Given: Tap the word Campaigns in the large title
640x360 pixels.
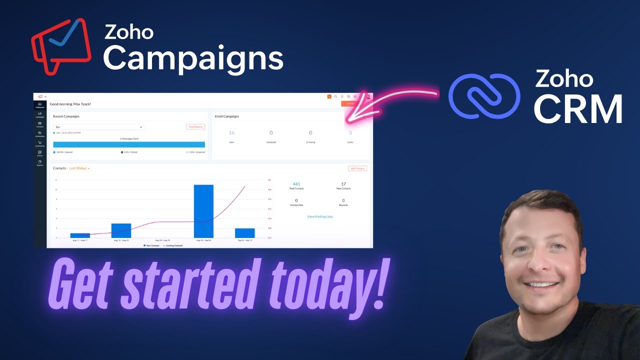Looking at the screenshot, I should tap(193, 58).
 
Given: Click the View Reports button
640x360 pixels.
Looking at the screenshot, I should tap(195, 127).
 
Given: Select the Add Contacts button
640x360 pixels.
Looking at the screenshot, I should tap(357, 168).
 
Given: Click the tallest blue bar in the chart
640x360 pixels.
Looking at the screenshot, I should tap(203, 211).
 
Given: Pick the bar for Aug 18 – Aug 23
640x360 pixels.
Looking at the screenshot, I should tap(121, 230).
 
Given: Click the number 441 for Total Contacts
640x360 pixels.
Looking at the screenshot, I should tap(296, 184).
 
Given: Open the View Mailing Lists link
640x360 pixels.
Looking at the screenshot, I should tap(320, 216).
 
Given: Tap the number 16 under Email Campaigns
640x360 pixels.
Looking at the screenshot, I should tap(231, 133).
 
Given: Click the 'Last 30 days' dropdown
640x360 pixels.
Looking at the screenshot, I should tap(79, 168).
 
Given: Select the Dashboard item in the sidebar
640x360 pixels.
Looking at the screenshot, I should tap(39, 105).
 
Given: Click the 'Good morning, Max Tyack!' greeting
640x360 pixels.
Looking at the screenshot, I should tap(70, 104).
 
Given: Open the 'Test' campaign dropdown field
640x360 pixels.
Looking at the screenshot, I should tap(98, 127).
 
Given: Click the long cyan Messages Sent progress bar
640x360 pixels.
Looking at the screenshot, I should tap(129, 144).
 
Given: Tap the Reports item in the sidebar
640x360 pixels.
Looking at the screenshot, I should tap(39, 163).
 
